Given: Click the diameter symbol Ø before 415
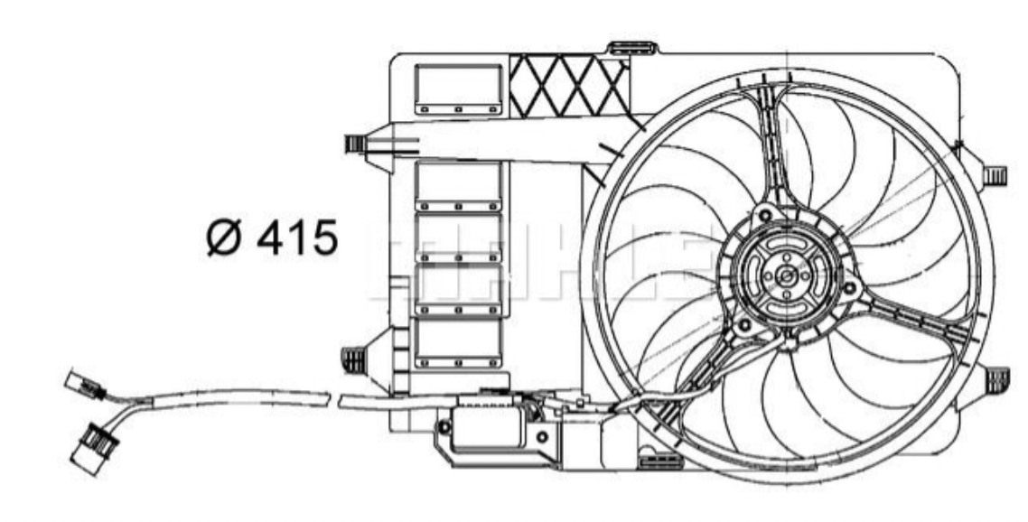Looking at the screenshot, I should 223,238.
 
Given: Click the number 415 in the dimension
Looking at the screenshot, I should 295,238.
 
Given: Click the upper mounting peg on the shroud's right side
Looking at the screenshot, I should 994,174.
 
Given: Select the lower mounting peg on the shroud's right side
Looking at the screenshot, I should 995,379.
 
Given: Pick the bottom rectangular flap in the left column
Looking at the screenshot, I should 457,343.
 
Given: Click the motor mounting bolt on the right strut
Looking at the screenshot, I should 848,288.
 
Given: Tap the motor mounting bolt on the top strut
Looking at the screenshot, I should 765,214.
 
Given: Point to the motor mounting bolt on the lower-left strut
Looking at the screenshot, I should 743,322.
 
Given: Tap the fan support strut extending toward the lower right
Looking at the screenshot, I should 912,326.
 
